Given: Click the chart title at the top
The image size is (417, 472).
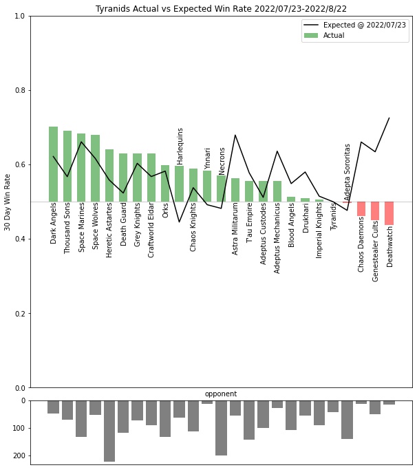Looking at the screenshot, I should [221, 8].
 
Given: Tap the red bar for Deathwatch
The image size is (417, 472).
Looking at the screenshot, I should [389, 213].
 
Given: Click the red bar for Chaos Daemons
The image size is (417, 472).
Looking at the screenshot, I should [361, 209].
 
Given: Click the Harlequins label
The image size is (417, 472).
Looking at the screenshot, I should [180, 146].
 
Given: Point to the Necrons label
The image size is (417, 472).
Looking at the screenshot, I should [222, 161].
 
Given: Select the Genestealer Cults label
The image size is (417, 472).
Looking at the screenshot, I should [376, 250].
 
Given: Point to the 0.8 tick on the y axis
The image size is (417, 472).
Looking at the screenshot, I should [20, 90].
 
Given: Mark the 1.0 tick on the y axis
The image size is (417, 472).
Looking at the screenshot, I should [20, 16].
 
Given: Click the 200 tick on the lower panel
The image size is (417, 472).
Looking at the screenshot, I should [18, 455].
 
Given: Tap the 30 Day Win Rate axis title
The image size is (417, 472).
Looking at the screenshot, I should [8, 202].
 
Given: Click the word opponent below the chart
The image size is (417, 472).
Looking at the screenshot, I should [221, 394].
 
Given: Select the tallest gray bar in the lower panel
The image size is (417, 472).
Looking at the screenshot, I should [109, 431].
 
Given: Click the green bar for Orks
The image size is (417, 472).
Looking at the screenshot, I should [165, 183].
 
